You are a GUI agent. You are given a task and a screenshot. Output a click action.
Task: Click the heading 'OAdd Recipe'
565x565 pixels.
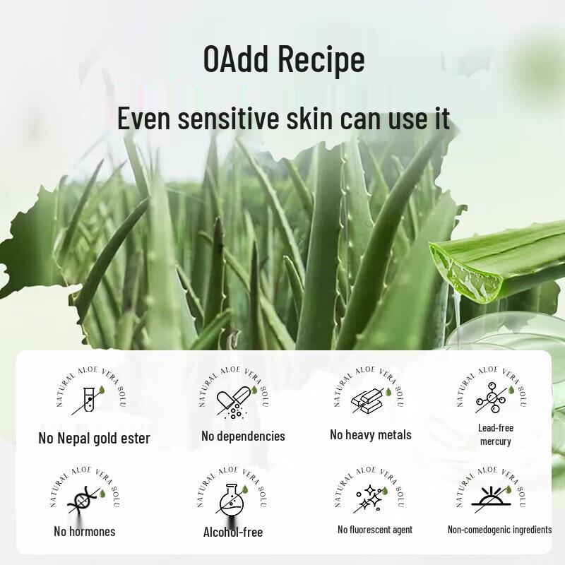(284, 60)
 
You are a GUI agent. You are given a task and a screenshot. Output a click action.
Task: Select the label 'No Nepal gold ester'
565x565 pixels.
(94, 439)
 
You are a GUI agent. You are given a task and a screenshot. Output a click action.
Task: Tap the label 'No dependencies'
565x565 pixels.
(243, 436)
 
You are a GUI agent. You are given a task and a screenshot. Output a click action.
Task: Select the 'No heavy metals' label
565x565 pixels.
(370, 435)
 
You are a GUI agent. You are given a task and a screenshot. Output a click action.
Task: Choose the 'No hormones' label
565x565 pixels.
(84, 531)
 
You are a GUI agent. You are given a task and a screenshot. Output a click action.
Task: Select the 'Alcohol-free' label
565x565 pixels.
(232, 532)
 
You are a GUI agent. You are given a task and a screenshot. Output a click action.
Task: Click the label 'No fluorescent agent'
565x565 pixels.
(375, 530)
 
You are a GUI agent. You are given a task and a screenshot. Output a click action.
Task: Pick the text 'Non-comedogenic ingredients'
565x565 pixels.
(500, 530)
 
